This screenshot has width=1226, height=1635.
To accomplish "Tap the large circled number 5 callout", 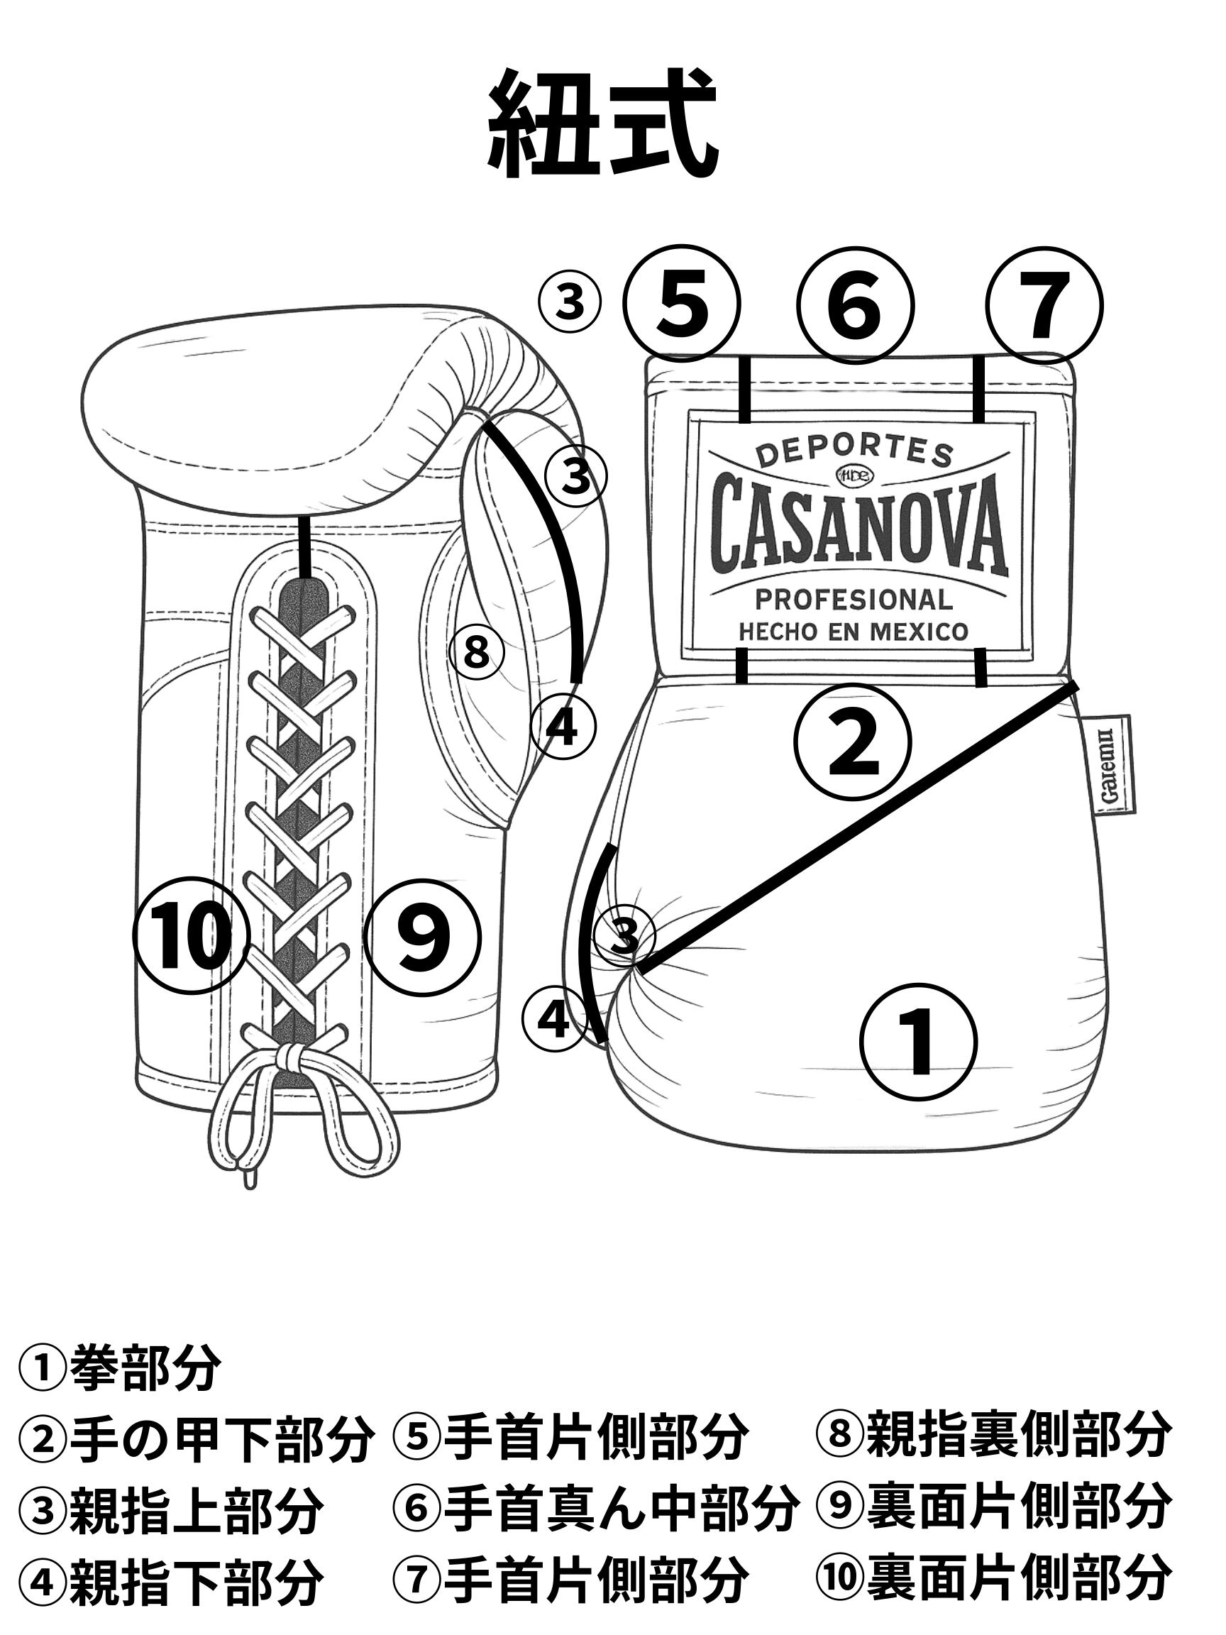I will (x=681, y=304).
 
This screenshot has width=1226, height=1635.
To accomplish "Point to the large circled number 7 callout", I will (x=1045, y=304).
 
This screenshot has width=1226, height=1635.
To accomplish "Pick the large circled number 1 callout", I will (x=919, y=1040).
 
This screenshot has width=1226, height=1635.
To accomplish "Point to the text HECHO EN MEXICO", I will (x=854, y=632).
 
